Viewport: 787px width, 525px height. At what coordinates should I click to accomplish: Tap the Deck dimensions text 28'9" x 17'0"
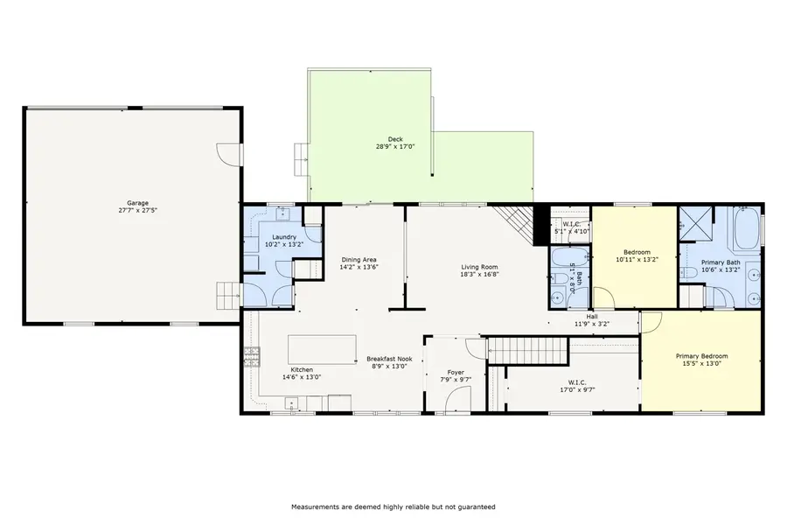(394, 147)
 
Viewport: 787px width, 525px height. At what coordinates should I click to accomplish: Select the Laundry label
(283, 237)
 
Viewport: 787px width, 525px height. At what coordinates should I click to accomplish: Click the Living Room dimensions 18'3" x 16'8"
(479, 274)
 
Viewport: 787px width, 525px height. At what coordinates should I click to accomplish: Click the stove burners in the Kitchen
(252, 354)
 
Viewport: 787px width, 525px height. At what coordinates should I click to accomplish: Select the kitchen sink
(290, 403)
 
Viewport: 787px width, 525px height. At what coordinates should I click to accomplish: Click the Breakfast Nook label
(389, 359)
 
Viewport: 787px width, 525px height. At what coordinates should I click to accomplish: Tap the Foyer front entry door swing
(456, 399)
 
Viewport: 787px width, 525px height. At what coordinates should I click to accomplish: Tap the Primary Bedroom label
(701, 356)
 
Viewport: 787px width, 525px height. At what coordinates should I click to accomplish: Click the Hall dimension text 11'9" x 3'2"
(592, 324)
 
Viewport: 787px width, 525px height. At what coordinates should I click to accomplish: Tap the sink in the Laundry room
(285, 213)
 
